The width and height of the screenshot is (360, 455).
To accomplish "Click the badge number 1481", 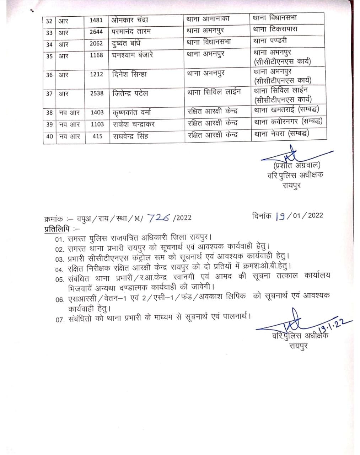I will click(x=96, y=20).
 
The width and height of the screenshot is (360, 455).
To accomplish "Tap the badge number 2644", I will click(x=96, y=32).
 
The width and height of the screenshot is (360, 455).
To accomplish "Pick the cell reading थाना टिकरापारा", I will click(x=275, y=29).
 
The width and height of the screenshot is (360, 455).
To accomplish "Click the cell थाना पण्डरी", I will click(x=270, y=41).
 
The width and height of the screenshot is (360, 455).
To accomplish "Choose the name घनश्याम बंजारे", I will click(x=133, y=55).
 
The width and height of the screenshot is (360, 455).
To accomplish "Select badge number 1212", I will click(x=96, y=74).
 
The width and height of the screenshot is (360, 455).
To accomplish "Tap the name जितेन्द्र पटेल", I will click(x=130, y=93).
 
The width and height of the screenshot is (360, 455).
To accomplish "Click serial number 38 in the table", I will click(x=49, y=113).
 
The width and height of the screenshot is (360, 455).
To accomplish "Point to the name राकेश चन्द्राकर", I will click(x=133, y=124).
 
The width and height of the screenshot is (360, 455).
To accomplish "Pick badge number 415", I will click(x=97, y=136).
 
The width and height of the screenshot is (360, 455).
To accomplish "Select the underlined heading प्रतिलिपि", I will click(x=57, y=229).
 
